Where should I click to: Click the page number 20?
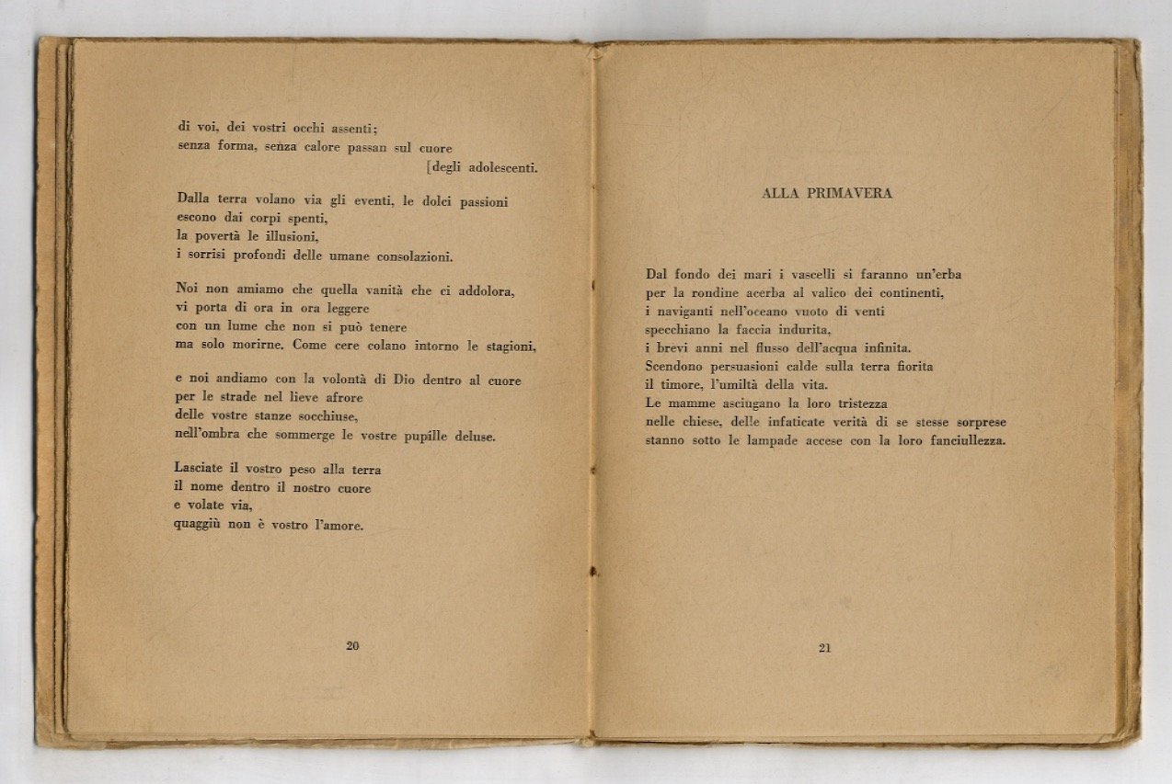[352, 645]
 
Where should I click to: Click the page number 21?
[824, 648]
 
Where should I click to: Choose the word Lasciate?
[202, 470]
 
